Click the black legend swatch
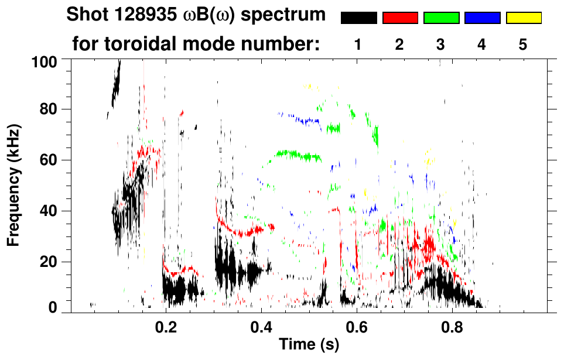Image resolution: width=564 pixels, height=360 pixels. [358, 18]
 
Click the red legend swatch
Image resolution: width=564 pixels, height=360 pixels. [400, 18]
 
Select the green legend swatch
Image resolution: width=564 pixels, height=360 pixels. [441, 18]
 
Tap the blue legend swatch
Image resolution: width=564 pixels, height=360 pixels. [482, 18]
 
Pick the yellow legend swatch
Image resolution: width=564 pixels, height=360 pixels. [523, 18]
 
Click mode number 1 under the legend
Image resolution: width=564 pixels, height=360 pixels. [358, 44]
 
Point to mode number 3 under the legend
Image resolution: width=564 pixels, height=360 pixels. [441, 44]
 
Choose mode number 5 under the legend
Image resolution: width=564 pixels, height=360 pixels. [523, 44]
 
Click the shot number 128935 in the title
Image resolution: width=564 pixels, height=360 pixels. [134, 15]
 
